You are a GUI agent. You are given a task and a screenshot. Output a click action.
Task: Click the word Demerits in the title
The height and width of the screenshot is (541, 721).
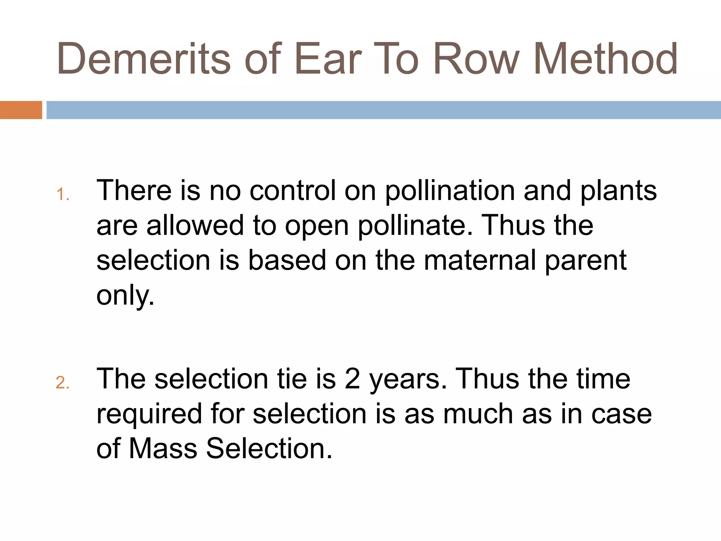(143, 59)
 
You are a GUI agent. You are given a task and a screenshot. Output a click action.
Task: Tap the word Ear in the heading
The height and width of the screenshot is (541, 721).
(328, 59)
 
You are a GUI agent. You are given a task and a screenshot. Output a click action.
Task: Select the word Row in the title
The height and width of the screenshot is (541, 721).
(476, 59)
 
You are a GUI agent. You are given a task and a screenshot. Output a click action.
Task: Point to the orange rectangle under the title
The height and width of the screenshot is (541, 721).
(21, 110)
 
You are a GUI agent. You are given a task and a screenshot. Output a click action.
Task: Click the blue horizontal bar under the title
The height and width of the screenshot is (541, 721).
(383, 110)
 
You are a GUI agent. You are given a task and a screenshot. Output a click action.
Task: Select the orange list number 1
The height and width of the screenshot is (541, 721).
(62, 194)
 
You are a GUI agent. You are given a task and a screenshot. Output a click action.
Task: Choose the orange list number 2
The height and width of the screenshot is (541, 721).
(62, 383)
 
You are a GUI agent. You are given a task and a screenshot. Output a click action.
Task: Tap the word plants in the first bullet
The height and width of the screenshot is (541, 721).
(618, 191)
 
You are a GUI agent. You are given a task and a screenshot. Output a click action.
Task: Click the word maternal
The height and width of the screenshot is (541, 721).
(480, 260)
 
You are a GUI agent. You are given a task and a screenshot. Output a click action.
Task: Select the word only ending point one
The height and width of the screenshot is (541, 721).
(125, 296)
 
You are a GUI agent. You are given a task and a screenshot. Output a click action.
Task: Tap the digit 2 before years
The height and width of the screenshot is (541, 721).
(352, 379)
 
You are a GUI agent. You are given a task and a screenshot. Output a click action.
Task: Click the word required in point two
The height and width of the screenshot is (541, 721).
(149, 414)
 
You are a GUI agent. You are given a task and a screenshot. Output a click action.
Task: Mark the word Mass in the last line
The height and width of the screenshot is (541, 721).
(163, 449)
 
